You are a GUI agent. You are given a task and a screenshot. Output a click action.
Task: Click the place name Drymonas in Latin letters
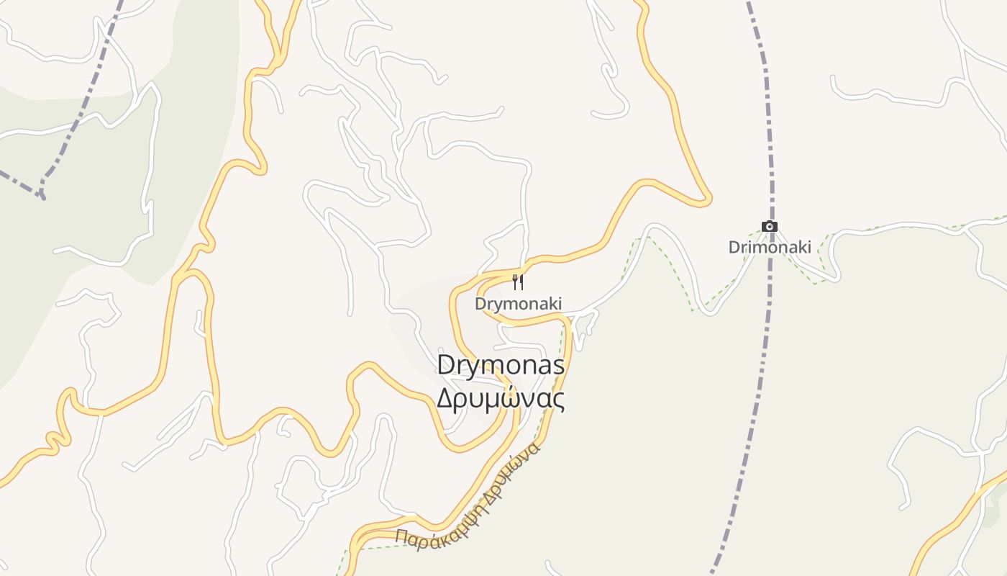click(501, 366)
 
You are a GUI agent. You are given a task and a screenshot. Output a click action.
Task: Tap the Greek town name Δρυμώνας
click(501, 398)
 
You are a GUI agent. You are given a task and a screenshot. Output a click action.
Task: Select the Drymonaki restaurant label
click(518, 304)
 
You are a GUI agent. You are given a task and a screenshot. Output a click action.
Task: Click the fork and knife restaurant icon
click(517, 282)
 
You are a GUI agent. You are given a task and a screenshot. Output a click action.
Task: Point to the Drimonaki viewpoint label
click(770, 247)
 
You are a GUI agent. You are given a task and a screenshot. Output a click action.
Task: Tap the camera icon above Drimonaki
click(770, 227)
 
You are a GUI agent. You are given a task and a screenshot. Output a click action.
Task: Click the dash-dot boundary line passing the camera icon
click(771, 158)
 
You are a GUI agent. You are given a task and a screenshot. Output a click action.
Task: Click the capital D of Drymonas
click(446, 366)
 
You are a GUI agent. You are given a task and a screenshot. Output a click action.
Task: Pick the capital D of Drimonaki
click(734, 247)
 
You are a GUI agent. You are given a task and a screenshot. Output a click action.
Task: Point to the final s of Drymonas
click(558, 366)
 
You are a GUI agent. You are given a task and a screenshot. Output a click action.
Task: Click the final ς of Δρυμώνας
click(559, 400)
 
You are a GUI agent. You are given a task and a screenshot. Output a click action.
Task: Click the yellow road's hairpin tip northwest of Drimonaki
click(708, 199)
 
